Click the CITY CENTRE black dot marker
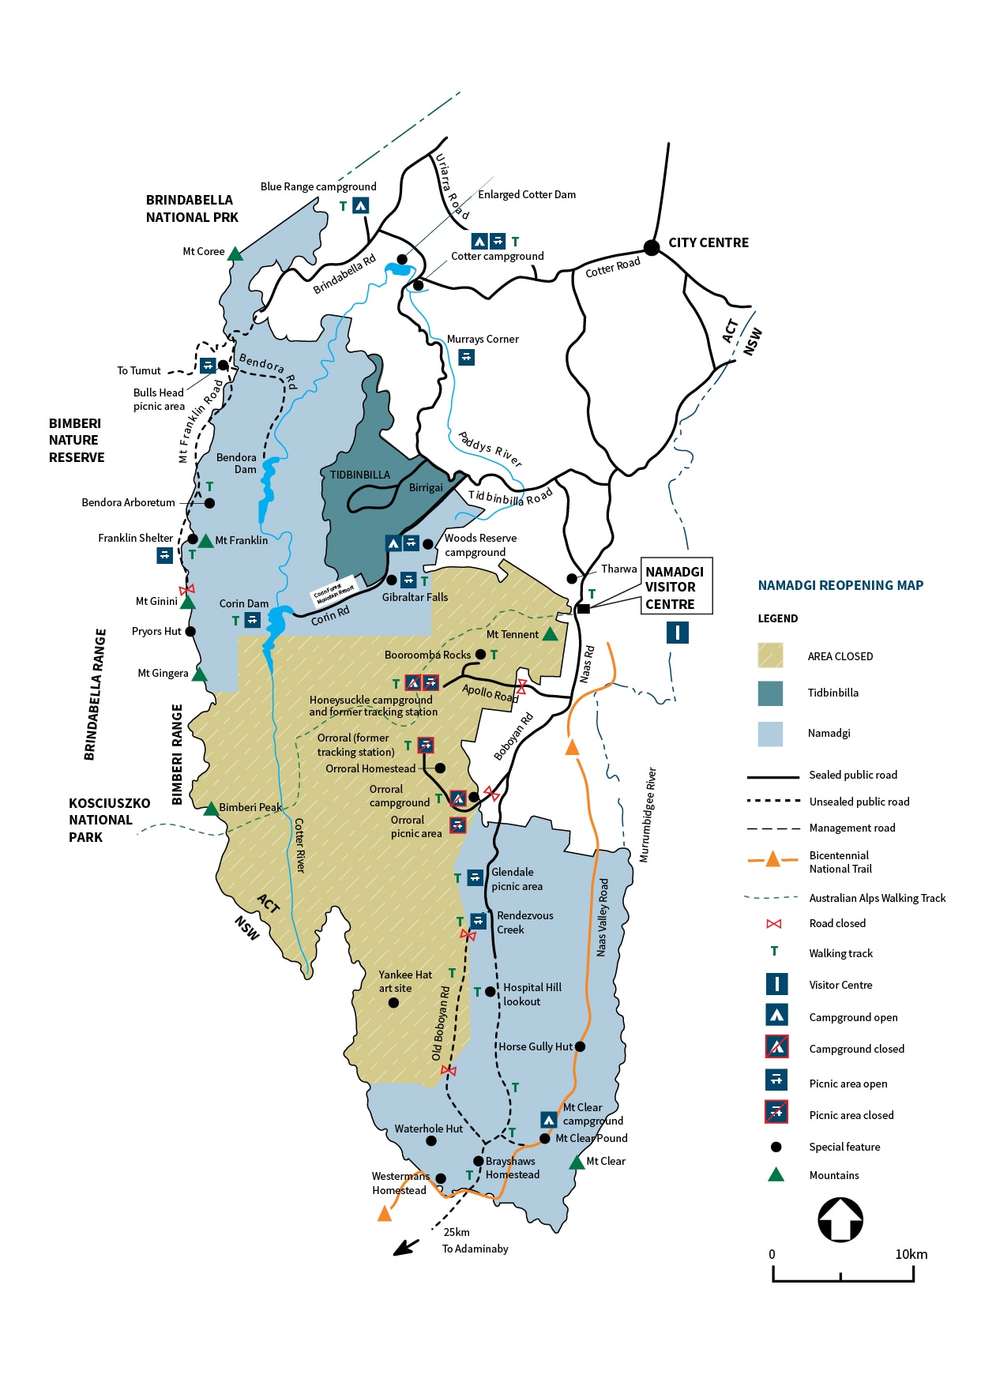(652, 248)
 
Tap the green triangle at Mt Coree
(235, 254)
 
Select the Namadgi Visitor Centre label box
(676, 587)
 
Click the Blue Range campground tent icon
(360, 205)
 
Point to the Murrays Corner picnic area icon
(467, 357)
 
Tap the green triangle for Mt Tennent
(551, 634)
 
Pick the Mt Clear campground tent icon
(549, 1119)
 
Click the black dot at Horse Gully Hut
(580, 1046)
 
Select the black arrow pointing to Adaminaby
(406, 1247)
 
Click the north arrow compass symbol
(840, 1220)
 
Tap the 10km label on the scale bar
(911, 1254)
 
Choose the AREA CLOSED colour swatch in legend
(770, 655)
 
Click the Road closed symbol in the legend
(774, 923)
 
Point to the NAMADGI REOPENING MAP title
(840, 585)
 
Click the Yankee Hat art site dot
(393, 1003)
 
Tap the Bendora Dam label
(236, 463)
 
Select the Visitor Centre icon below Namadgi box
(677, 633)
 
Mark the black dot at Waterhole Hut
(431, 1140)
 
